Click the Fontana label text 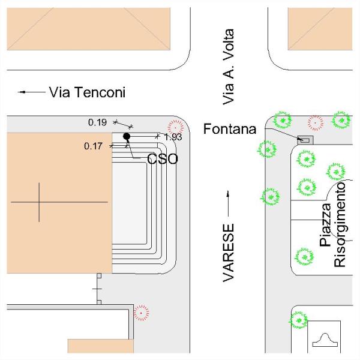[230, 129]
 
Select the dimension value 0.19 [97, 122]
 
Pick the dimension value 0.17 [94, 146]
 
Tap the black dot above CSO [127, 136]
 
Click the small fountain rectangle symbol [305, 139]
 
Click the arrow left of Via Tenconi [29, 92]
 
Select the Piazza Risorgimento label [333, 225]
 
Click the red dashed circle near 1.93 [175, 126]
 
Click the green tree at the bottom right [298, 319]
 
